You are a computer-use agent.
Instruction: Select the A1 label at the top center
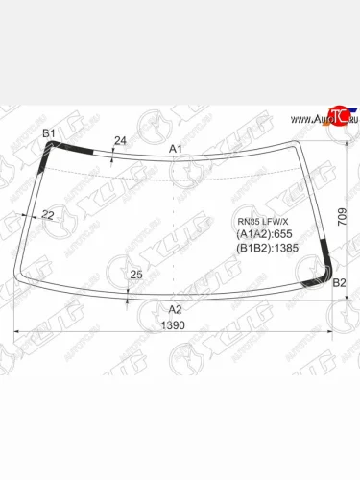click(175, 149)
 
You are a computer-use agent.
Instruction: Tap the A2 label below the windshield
click(175, 309)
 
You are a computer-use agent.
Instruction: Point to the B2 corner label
click(338, 282)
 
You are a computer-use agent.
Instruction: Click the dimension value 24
click(120, 141)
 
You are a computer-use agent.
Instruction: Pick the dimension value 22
click(48, 215)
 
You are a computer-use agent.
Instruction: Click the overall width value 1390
click(175, 326)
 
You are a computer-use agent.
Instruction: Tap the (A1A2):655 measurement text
click(264, 233)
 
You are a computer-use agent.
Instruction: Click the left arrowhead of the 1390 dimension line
click(16, 333)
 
